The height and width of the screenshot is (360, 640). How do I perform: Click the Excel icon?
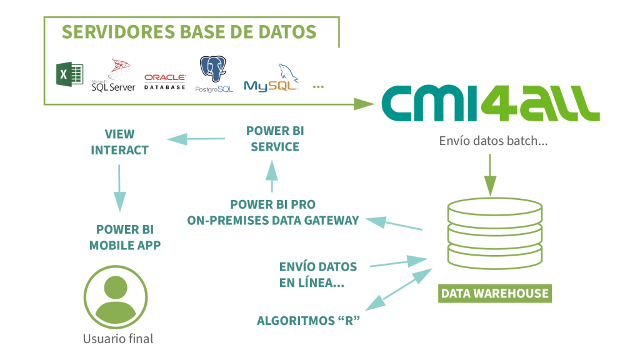(71, 76)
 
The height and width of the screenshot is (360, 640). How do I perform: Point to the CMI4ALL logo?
(491, 103)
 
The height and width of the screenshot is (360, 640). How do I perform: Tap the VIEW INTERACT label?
(119, 142)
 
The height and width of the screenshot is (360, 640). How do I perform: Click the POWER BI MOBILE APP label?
(125, 237)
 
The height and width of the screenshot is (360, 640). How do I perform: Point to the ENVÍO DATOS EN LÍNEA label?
(318, 274)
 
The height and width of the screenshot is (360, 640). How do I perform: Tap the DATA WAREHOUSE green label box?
(495, 293)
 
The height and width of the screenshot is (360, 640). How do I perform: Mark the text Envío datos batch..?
(494, 141)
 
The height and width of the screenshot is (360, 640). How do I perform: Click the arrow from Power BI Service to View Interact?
(195, 139)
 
